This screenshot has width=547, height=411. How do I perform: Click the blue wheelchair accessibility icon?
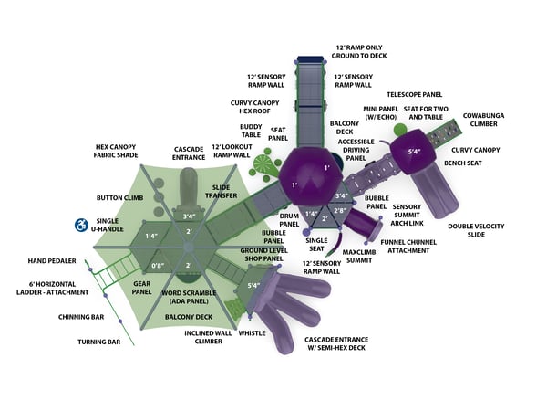[x=80, y=224]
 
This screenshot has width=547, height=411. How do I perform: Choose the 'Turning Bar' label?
[x=99, y=342]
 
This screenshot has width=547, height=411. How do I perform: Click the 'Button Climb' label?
[x=119, y=197]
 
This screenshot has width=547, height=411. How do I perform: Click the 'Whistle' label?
[x=253, y=333]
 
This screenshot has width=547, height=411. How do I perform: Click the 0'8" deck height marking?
[x=158, y=266]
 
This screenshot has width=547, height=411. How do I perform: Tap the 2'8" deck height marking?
[x=339, y=211]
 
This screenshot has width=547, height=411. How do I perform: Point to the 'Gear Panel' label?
[x=141, y=288]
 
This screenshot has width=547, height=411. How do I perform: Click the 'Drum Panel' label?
[x=290, y=218]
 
